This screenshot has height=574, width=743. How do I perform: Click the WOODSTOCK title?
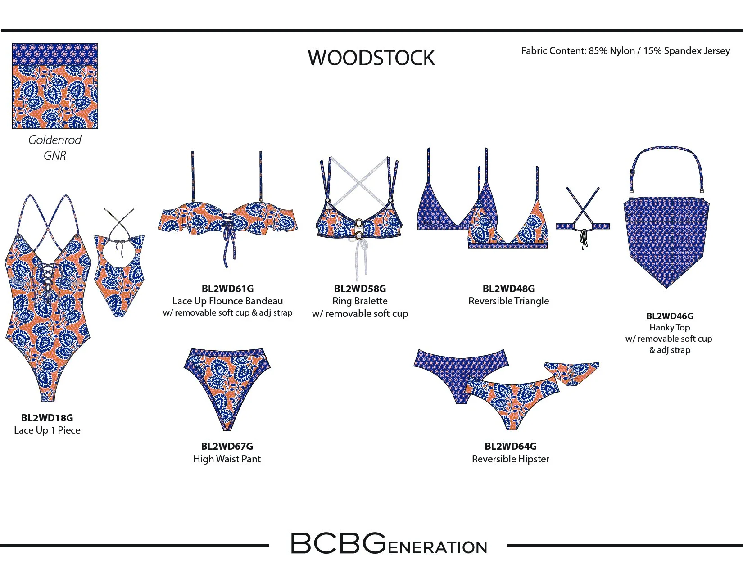(371, 58)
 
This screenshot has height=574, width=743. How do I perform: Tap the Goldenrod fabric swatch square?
(55, 86)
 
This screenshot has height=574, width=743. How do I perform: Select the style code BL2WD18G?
(47, 418)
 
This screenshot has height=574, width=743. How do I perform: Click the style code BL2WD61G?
(227, 289)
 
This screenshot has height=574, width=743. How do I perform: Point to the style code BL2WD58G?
(360, 289)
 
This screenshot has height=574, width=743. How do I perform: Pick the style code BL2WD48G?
(508, 289)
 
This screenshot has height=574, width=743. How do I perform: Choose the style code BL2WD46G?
(670, 316)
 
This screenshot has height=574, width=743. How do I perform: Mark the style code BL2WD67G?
(227, 446)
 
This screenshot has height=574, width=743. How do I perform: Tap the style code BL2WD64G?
(511, 446)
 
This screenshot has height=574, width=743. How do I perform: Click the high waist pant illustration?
(227, 383)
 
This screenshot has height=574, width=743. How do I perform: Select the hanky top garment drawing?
(666, 234)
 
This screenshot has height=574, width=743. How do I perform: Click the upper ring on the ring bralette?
(360, 222)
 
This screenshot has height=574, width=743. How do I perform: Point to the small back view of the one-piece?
(119, 266)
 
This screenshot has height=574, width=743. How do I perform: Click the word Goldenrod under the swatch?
(55, 140)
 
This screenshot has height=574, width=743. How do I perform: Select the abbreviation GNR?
(55, 156)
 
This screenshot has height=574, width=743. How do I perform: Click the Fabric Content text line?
(625, 51)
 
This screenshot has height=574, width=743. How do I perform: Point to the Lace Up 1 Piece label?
(47, 430)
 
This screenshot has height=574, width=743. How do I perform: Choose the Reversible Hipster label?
(511, 459)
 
